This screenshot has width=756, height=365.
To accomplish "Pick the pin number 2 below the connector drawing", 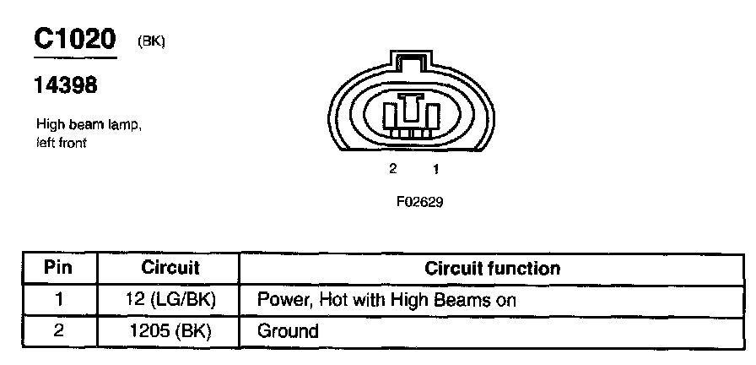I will click(392, 169).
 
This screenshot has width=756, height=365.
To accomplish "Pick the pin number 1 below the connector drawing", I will click(436, 169).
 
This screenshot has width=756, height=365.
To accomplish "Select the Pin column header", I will click(58, 269).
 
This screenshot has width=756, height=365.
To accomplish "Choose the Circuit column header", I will click(170, 269).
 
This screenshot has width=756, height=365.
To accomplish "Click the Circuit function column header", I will click(492, 269).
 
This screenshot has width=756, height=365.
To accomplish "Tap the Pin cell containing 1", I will click(58, 299).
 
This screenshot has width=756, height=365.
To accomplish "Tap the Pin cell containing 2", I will click(58, 330).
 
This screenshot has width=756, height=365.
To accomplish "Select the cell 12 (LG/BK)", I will click(170, 299).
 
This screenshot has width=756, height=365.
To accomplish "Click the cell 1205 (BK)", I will click(170, 330).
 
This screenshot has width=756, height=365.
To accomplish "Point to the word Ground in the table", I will click(288, 331).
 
